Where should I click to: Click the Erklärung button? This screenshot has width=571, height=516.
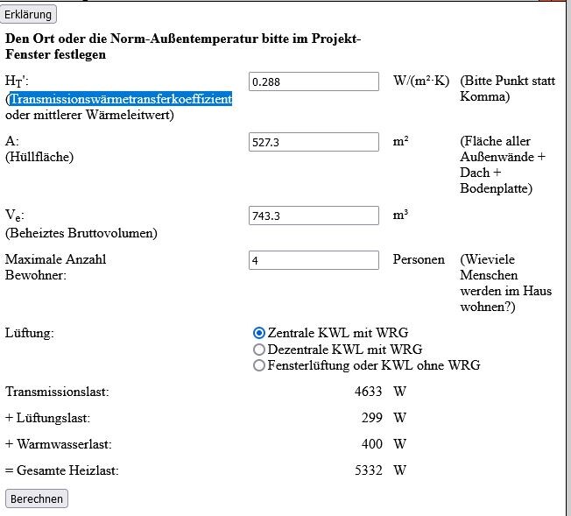[x=30, y=14]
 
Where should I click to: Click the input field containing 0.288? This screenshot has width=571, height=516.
[x=314, y=81]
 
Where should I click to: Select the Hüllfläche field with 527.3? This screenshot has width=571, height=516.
[x=314, y=142]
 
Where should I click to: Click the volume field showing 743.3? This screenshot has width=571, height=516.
[x=314, y=216]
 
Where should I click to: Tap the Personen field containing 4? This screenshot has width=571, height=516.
[x=314, y=260]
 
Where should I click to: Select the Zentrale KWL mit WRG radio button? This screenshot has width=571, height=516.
[x=258, y=333]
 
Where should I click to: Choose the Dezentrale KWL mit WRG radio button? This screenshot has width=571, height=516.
[x=258, y=350]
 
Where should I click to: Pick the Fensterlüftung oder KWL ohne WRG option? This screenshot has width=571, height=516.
[x=258, y=365]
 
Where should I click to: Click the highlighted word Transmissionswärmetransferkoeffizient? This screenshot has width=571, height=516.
[x=121, y=100]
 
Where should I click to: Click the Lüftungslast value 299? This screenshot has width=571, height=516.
[x=372, y=419]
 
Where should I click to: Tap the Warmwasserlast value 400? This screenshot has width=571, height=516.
[x=372, y=444]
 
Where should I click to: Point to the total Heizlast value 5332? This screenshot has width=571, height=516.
[x=368, y=470]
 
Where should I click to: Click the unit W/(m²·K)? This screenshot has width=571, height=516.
[x=421, y=81]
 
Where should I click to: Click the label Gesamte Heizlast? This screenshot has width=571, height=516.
[x=67, y=470]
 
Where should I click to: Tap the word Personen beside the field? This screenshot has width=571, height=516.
[x=419, y=260]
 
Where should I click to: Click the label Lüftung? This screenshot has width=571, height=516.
[x=29, y=334]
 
